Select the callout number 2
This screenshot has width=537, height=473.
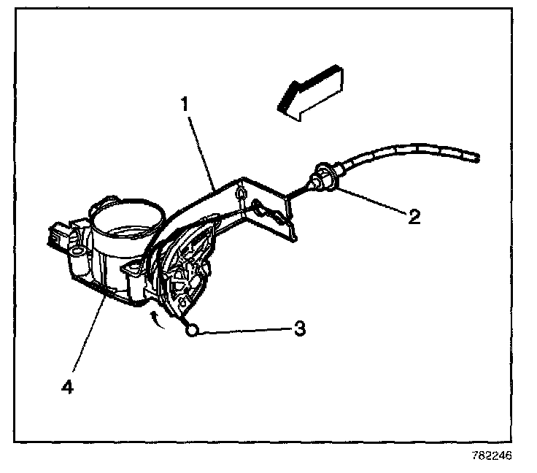click(x=414, y=217)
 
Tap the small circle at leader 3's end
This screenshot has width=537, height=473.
click(x=193, y=331)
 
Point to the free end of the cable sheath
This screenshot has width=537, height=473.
click(x=476, y=156)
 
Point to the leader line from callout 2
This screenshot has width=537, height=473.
click(x=368, y=200)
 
